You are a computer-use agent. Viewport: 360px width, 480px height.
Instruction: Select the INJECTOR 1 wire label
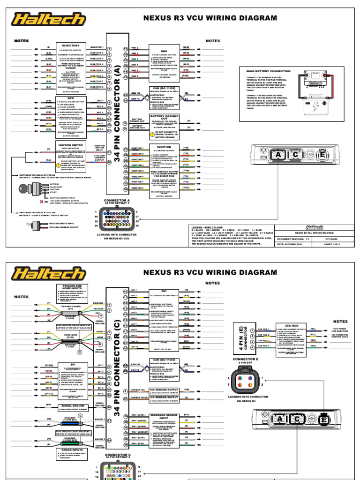pos(97,47)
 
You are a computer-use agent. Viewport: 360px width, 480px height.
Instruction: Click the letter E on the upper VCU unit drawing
pos(322,155)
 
